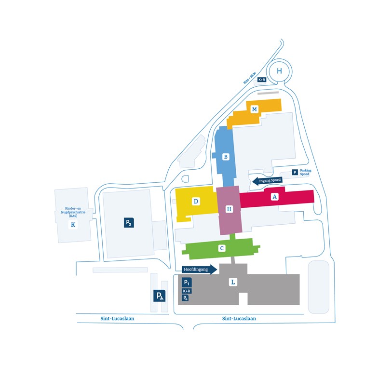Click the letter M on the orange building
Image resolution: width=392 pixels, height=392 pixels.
[x=254, y=109]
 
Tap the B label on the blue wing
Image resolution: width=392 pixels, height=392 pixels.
[x=226, y=157]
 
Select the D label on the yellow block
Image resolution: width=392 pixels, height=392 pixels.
[x=196, y=201]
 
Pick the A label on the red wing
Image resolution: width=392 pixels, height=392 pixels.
[x=275, y=197]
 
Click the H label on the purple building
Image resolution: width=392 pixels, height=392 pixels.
[x=229, y=209]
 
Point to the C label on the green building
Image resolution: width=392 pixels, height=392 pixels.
[x=222, y=248]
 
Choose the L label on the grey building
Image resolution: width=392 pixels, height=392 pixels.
[x=233, y=282]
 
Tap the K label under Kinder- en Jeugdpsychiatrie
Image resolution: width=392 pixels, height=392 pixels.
[x=73, y=225]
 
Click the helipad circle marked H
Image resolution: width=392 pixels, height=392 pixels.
[x=279, y=71]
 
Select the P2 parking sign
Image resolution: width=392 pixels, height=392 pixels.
[x=129, y=222]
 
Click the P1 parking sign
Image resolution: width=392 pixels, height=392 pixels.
[x=187, y=283]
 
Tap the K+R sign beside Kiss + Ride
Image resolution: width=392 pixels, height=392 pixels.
[x=262, y=80]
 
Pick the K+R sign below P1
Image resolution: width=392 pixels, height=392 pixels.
[x=187, y=291]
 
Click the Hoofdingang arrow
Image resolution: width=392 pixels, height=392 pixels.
[x=199, y=270]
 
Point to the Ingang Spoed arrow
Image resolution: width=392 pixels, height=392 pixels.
[x=267, y=181]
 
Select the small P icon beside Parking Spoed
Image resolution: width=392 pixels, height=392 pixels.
[x=295, y=172]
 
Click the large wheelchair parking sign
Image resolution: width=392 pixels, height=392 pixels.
[x=159, y=296]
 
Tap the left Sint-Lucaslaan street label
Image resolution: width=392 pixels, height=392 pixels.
[x=117, y=319]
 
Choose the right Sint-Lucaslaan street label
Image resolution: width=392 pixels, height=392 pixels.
[x=239, y=319]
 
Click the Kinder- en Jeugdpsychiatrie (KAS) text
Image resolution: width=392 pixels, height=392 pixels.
[x=73, y=212]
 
